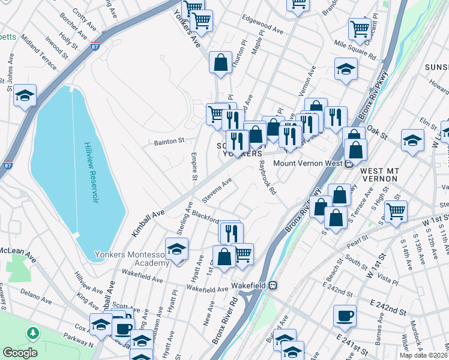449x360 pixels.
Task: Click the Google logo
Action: pyautogui.click(x=20, y=353)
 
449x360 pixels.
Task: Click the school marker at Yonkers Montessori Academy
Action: pyautogui.click(x=177, y=250)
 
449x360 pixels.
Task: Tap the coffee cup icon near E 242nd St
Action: pyautogui.click(x=345, y=316)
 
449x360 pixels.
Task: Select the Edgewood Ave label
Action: pyautogui.click(x=262, y=29)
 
